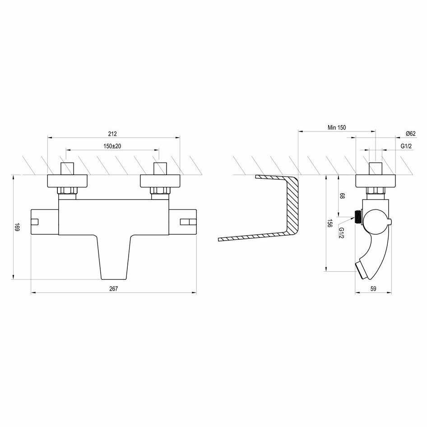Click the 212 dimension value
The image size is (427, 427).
[112, 134]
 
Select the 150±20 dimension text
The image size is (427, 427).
[112, 146]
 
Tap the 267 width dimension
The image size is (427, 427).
[113, 289]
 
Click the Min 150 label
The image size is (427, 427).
[336, 128]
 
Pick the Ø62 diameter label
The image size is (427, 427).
[410, 134]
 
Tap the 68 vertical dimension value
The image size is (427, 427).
[342, 196]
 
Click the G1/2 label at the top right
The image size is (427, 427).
[406, 146]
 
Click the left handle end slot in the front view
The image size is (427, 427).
[35, 221]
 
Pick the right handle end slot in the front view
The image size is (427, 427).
[186, 221]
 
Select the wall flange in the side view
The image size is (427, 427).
[376, 181]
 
